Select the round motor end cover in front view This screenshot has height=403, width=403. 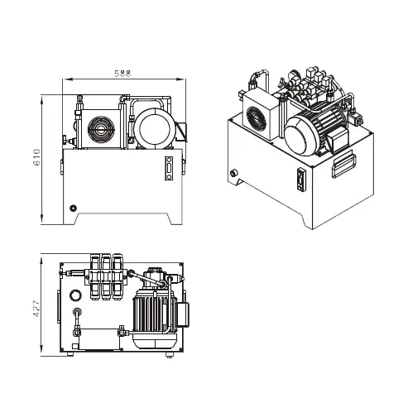[152, 127]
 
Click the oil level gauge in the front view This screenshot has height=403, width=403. [169, 166]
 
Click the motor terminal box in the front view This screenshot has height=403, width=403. [183, 129]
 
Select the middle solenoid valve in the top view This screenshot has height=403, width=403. [104, 276]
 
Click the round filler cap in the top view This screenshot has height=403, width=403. [77, 295]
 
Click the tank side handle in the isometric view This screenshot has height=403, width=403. [343, 162]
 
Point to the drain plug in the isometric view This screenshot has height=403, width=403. [234, 174]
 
